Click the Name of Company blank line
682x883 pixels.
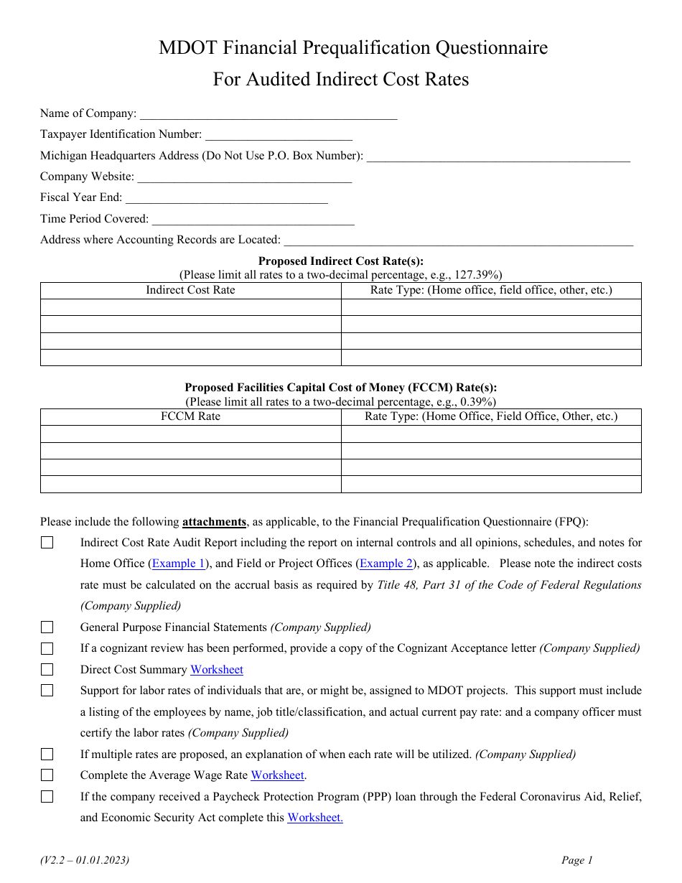tap(268, 113)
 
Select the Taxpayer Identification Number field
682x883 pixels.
tap(279, 134)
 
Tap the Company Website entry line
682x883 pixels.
tap(244, 177)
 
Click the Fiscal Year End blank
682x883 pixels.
tap(226, 197)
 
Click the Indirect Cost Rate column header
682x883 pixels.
tap(190, 290)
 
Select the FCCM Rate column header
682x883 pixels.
tap(190, 416)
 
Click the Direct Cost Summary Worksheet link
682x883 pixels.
tap(216, 670)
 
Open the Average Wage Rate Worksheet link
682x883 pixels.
tap(278, 775)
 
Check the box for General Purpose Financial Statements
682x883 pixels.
tap(47, 627)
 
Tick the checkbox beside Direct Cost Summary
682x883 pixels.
tap(47, 670)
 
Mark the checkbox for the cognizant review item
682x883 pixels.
tap(47, 648)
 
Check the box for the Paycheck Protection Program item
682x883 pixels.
tap(47, 796)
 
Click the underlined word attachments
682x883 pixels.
tap(214, 522)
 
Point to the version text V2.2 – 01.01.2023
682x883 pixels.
tap(85, 860)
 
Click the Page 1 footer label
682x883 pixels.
tap(577, 860)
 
